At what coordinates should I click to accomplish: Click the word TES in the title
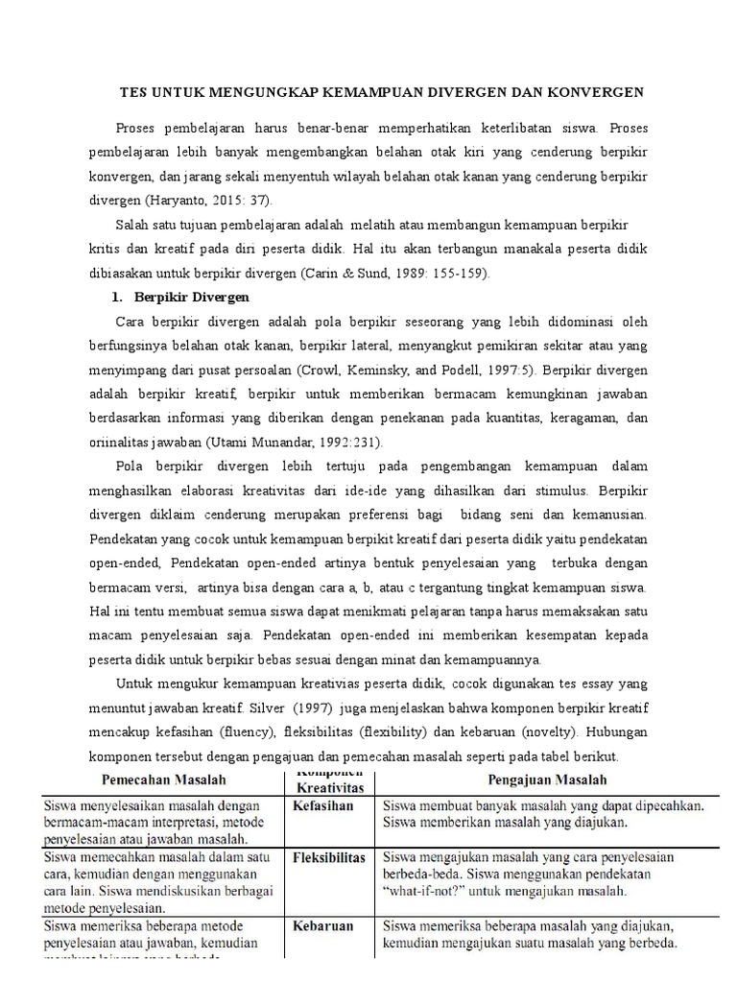132,92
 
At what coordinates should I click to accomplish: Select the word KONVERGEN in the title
590,92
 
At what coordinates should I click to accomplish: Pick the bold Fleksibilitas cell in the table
328,857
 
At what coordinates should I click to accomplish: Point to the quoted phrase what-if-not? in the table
432,891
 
